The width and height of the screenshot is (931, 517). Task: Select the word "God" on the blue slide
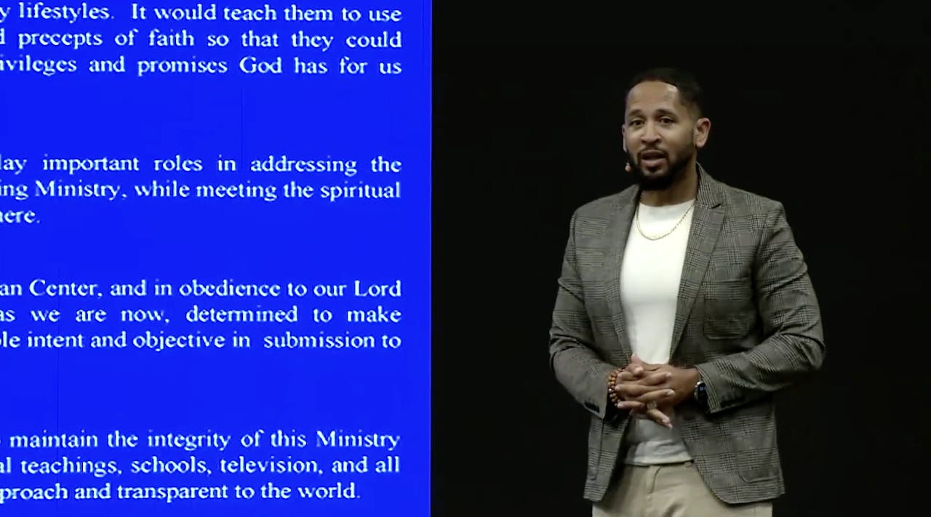tap(260, 65)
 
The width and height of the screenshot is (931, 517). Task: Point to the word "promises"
tap(183, 66)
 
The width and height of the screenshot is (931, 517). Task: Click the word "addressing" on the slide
tap(303, 164)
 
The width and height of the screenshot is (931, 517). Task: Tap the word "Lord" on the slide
tap(377, 289)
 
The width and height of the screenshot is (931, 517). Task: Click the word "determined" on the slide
tap(241, 315)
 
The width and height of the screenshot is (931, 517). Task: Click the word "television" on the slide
tap(260, 465)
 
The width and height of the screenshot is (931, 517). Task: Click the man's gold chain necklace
tap(663, 225)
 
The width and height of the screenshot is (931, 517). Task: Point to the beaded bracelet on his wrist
tap(613, 386)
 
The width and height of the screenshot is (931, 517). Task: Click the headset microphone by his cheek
tap(627, 167)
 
